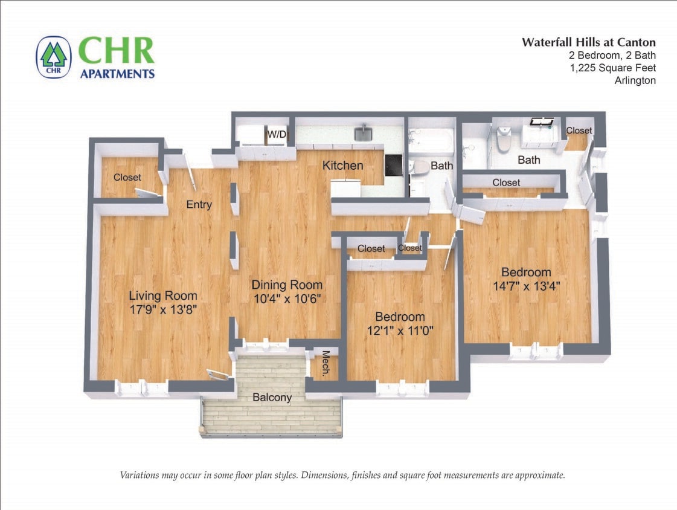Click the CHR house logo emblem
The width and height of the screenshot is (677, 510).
coord(54,58)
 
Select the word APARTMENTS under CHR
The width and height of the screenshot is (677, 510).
coord(117,74)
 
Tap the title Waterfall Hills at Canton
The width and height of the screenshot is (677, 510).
coord(588,42)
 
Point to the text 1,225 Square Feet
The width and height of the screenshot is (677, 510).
coord(612,68)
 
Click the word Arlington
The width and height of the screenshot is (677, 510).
coord(635,80)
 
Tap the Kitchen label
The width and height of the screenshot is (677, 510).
coord(342,166)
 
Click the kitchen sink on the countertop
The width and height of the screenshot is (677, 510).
coord(363,133)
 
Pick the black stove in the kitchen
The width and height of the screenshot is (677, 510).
coord(393,164)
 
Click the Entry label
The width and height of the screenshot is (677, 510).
coord(199,204)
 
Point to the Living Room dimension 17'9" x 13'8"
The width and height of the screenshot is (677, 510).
coord(163,309)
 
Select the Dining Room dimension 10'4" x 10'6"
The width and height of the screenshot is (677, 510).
coord(287,298)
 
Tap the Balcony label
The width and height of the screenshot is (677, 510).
coord(272,398)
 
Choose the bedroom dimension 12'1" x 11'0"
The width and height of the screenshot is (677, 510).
coord(400,330)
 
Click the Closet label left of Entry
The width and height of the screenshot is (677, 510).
coord(127,177)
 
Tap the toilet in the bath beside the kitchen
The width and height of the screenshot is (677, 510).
coord(419,169)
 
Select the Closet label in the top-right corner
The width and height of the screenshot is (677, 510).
coord(579,131)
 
